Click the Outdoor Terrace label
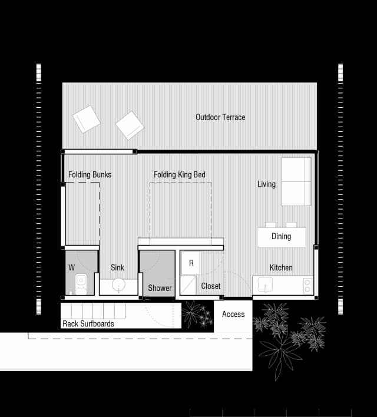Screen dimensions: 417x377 click(220, 117)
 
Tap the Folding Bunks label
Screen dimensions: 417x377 click(90, 175)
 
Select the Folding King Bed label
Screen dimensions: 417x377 click(180, 175)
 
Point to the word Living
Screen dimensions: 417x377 click(266, 184)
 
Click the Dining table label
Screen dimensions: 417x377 click(281, 237)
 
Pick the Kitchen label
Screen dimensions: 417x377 click(281, 268)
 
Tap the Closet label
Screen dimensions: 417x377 click(210, 286)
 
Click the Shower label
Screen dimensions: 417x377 click(160, 288)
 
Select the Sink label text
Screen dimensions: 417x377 click(117, 268)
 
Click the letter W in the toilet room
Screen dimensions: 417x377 click(71, 268)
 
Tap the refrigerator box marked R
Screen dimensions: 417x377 click(191, 263)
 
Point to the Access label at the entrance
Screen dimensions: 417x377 click(233, 315)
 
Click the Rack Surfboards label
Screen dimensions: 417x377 click(88, 324)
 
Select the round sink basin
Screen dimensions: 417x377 click(119, 285)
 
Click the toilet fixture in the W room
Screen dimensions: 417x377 click(81, 283)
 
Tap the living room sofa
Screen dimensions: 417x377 click(296, 181)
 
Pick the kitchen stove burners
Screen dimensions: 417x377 click(307, 285)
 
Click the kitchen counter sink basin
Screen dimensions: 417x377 click(265, 284)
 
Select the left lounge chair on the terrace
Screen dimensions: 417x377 click(87, 120)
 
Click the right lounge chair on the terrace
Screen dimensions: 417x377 click(130, 125)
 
